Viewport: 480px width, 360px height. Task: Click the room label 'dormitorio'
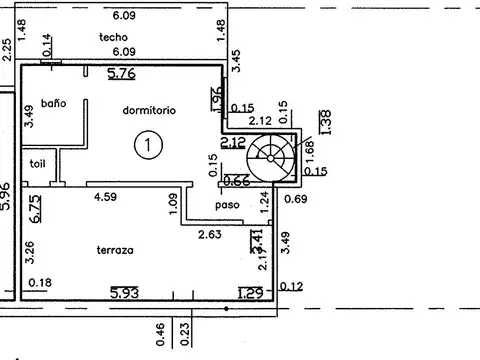(151, 110)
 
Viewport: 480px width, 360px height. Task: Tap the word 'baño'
(53, 103)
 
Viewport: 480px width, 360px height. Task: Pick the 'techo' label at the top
(113, 37)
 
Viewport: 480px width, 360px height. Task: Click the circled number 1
(147, 146)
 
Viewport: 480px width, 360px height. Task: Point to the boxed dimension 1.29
(250, 292)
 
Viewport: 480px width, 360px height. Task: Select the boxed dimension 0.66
(235, 181)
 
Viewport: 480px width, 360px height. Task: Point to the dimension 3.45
(236, 60)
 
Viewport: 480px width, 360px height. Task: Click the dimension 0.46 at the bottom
(160, 334)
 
